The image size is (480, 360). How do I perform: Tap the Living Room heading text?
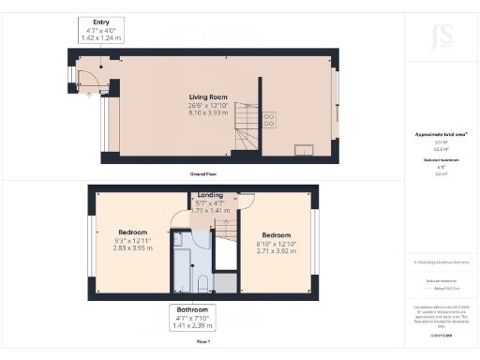208,96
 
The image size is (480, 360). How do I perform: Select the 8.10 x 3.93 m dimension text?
208,112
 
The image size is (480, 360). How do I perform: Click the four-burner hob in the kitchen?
271,118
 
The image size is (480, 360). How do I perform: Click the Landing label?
210,195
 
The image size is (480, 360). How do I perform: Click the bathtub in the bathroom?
178,262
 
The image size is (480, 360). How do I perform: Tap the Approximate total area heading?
441,134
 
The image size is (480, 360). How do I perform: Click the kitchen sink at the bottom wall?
305,147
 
